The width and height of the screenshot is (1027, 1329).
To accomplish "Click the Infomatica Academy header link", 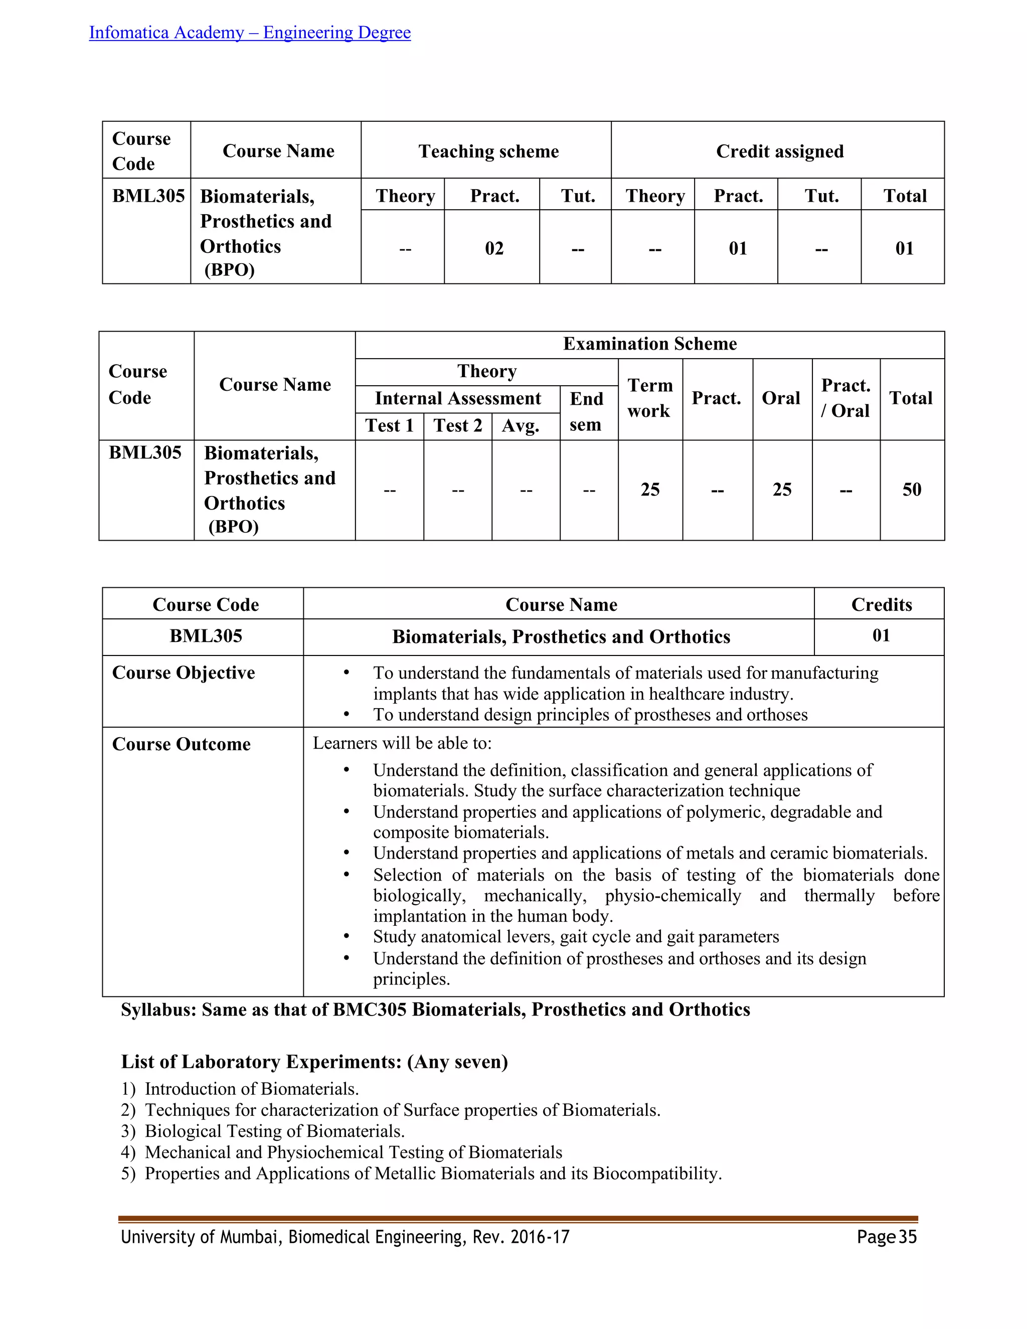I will click(x=249, y=32).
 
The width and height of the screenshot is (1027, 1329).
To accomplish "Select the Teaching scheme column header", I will click(x=488, y=151).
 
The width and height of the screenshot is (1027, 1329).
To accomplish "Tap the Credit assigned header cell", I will click(x=779, y=151).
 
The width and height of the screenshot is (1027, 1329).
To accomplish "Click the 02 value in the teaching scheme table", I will click(x=494, y=248).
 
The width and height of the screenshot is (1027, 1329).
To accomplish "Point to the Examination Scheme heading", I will click(x=649, y=344).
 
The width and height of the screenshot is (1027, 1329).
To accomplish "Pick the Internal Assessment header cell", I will click(x=457, y=399).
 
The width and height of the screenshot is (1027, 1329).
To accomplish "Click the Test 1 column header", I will click(x=389, y=425).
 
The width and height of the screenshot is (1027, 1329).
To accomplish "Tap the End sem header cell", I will click(x=586, y=411).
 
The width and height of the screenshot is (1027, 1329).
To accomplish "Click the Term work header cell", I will click(x=649, y=398).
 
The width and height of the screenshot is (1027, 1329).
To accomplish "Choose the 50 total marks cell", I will click(x=911, y=490).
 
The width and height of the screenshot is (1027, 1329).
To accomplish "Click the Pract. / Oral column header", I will click(x=845, y=398).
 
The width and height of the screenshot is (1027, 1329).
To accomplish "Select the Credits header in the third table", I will click(x=881, y=604).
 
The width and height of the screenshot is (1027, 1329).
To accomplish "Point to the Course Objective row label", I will click(x=183, y=673).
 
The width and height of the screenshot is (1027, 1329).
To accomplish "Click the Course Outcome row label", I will click(x=182, y=744).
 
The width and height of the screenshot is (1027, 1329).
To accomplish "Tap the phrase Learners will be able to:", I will click(x=402, y=743).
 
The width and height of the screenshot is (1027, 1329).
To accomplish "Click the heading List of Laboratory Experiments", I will click(x=314, y=1062).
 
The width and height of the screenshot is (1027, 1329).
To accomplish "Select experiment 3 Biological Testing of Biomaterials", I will click(x=274, y=1131).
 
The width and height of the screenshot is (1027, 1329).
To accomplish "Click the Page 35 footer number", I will click(x=887, y=1237).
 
